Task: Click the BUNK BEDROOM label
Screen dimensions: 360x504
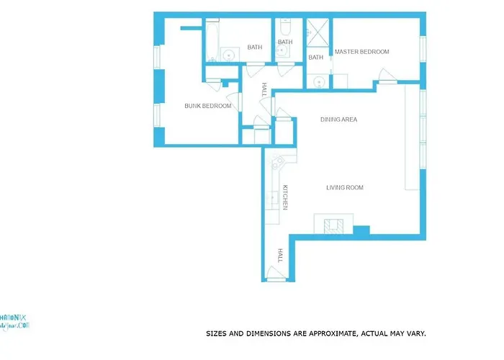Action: coord(208,106)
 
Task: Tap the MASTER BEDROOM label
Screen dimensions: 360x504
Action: coord(362,52)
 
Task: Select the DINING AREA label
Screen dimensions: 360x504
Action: coord(338,120)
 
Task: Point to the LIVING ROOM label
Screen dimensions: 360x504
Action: coord(345,188)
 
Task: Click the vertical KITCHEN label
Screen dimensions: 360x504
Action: coord(285,197)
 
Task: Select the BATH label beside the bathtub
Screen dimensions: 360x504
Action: coord(255,48)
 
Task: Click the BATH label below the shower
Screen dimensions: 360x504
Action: coord(316,58)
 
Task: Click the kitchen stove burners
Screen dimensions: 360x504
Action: coord(274,167)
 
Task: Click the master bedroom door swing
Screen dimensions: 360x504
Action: coord(385,76)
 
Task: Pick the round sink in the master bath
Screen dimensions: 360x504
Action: coord(318,81)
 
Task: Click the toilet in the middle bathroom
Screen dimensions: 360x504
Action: coord(285,30)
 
